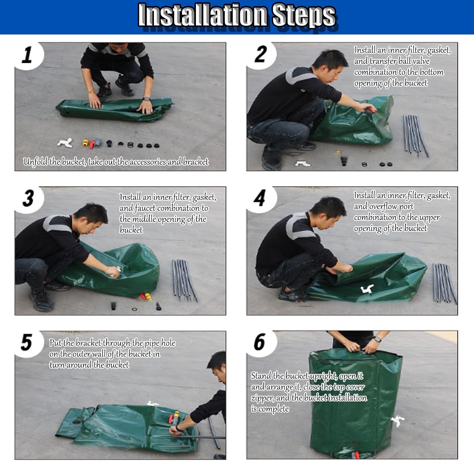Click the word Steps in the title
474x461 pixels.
click(304, 15)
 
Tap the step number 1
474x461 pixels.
click(27, 54)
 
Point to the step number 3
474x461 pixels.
click(28, 198)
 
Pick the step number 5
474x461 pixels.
click(27, 342)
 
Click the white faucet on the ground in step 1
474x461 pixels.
click(65, 143)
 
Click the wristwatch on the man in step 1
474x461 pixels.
click(146, 99)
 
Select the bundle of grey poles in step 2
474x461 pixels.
click(415, 136)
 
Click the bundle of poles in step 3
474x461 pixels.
click(185, 280)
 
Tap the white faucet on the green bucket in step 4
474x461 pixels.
click(367, 289)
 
